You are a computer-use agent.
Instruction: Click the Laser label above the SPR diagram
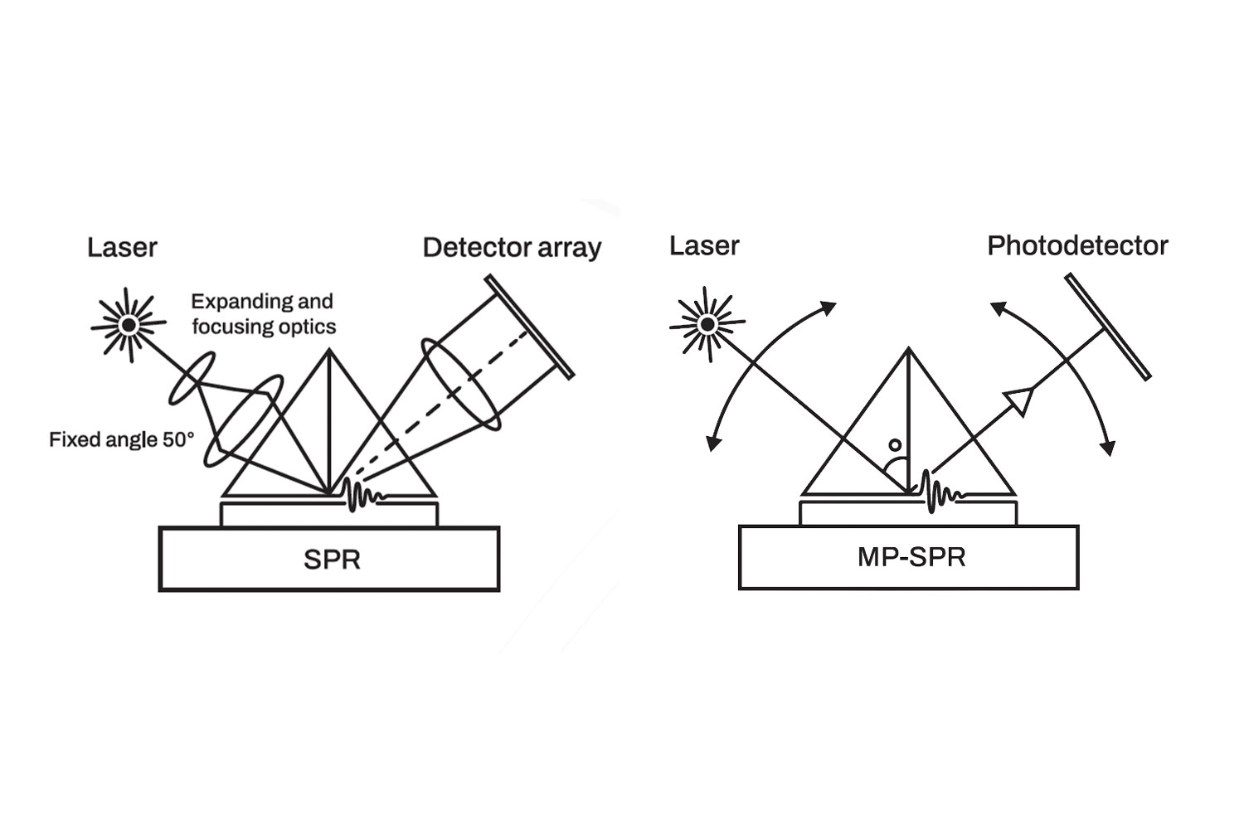122,248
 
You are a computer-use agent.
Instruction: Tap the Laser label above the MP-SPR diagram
704,246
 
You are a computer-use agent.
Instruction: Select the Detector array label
512,248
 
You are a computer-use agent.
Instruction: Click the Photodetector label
1078,246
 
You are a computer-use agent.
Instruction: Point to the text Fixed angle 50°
122,439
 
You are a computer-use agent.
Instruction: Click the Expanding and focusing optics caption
263,313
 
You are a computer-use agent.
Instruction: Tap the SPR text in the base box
332,560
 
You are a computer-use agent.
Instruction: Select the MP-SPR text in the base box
911,557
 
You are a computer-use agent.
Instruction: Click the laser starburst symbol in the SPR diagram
129,325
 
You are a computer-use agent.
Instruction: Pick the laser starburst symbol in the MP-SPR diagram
707,324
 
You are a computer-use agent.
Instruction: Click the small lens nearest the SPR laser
192,378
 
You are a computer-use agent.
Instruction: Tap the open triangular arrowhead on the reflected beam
1019,400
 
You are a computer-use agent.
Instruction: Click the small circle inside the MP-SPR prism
895,445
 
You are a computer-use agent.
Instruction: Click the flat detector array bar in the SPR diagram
529,327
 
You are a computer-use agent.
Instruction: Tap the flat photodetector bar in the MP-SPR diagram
1108,327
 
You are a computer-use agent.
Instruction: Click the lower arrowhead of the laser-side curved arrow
712,443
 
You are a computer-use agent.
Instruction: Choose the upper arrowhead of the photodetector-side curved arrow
999,308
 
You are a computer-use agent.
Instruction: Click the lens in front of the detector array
461,385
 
